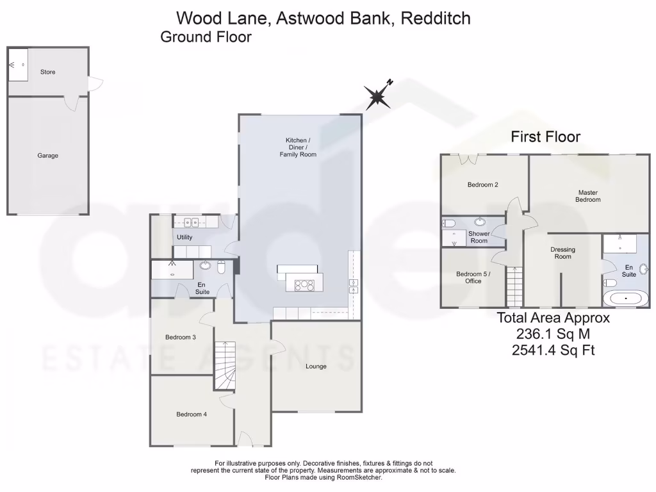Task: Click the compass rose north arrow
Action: tap(379, 97)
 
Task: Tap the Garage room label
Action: tap(47, 156)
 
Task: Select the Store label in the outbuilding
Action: tap(48, 72)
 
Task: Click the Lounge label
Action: tap(316, 366)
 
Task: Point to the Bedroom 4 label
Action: tap(192, 414)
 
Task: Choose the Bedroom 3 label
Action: tap(180, 338)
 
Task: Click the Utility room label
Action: tap(184, 238)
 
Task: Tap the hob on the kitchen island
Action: tap(304, 285)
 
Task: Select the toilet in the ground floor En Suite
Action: tap(221, 268)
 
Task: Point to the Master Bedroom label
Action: tap(588, 196)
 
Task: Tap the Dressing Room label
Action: tap(562, 253)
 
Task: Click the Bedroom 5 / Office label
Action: tap(473, 277)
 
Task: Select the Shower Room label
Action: tap(479, 237)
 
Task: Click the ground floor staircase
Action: tap(224, 365)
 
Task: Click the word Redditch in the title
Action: tap(435, 18)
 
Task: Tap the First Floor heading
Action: tap(545, 136)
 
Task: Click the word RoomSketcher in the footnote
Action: tap(360, 477)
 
